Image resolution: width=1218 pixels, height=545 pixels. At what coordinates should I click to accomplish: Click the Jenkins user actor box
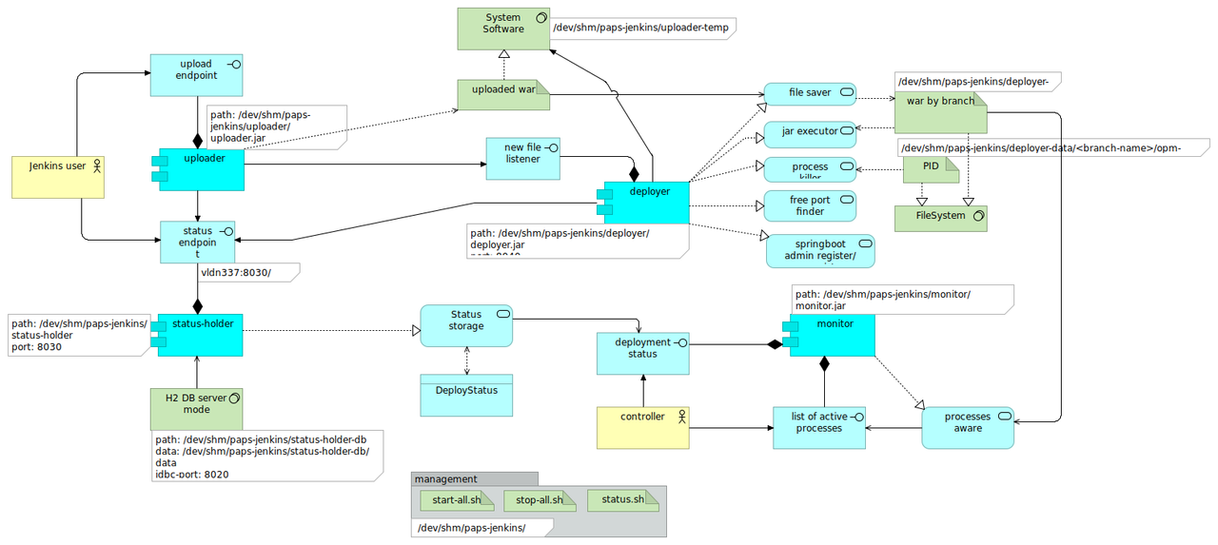pyautogui.click(x=57, y=177)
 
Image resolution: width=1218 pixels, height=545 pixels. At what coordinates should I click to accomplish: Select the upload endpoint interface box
pyautogui.click(x=197, y=75)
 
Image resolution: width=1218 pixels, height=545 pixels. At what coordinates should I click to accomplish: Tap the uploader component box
pyautogui.click(x=202, y=169)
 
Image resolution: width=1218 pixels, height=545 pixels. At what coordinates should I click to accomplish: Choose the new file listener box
pyautogui.click(x=522, y=157)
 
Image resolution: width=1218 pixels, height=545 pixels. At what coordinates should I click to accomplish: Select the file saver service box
pyautogui.click(x=810, y=93)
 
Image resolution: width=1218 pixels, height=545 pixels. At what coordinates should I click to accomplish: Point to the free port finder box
pyautogui.click(x=810, y=205)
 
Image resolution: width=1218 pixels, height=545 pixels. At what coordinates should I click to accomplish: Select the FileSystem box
pyautogui.click(x=940, y=218)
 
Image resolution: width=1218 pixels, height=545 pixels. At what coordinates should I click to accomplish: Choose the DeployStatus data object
pyautogui.click(x=466, y=395)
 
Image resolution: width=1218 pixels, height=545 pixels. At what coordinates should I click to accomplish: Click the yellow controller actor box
pyautogui.click(x=642, y=427)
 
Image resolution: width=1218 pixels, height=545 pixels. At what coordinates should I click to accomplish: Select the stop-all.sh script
pyautogui.click(x=539, y=500)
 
